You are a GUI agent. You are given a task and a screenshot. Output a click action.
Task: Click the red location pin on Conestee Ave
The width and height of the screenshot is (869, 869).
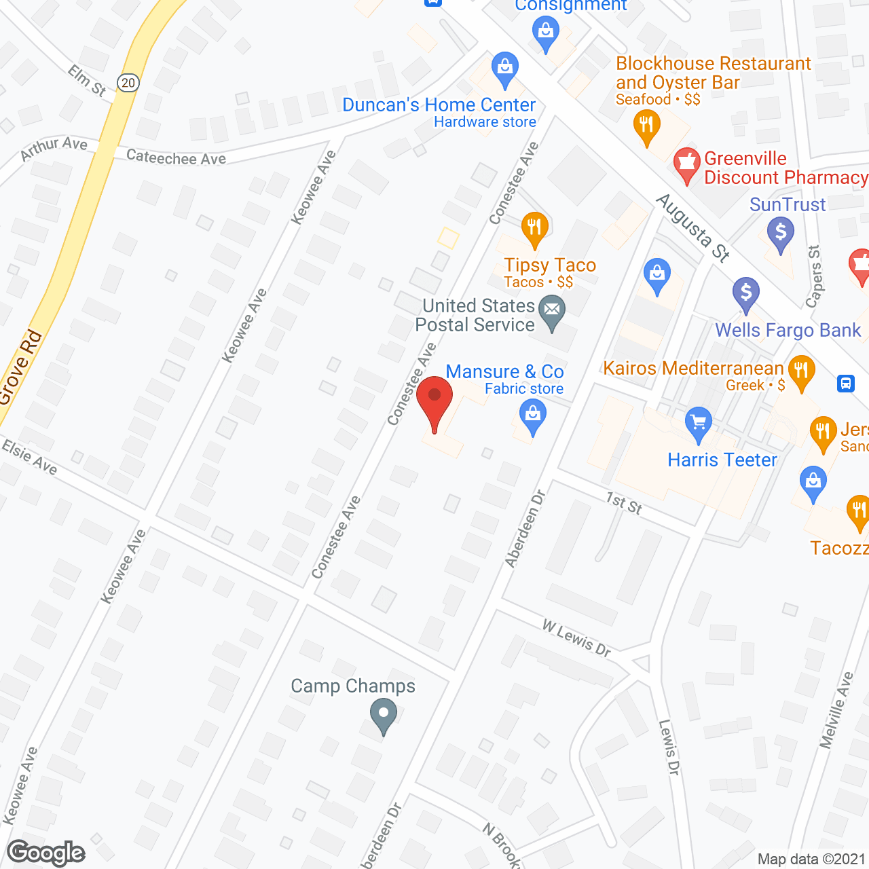tap(434, 401)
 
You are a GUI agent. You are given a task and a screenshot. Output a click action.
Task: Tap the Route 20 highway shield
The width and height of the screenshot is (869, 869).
tap(128, 82)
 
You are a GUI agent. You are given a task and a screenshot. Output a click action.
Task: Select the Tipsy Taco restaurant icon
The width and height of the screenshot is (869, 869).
tap(535, 229)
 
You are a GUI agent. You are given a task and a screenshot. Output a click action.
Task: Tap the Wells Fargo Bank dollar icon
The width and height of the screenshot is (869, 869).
tap(746, 294)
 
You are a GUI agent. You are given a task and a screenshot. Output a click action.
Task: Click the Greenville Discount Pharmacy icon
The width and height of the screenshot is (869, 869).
tap(687, 164)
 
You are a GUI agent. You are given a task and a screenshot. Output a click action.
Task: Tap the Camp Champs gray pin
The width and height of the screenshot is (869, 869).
tap(384, 715)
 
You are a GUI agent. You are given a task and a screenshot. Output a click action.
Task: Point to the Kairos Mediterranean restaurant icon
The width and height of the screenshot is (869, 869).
tap(802, 371)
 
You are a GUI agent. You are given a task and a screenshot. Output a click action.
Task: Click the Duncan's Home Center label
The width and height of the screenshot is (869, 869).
tap(439, 105)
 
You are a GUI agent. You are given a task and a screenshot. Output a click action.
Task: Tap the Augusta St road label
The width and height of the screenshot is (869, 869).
tap(693, 228)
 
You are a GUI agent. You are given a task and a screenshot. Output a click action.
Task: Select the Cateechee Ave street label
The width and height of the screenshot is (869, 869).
tap(176, 158)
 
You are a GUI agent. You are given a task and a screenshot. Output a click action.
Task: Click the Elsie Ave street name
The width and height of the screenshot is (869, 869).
tap(29, 456)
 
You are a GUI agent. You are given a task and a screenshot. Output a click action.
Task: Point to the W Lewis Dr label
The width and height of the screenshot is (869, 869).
tap(576, 638)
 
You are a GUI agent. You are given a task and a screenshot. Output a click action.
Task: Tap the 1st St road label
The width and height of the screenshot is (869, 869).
tap(624, 503)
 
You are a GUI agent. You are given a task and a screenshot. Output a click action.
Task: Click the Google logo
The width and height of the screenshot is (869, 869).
tap(46, 853)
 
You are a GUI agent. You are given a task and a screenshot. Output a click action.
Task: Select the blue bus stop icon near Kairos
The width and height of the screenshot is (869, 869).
tap(846, 384)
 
